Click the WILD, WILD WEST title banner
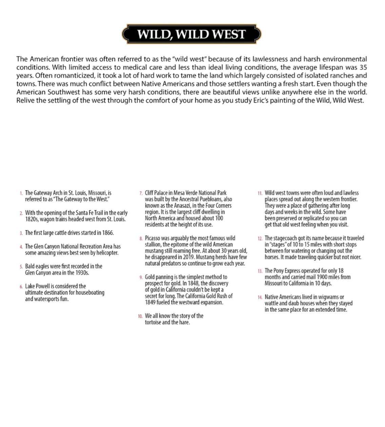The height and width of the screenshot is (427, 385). pos(192,34)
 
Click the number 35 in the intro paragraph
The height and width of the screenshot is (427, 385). pos(363,67)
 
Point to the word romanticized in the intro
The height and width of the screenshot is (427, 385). pos(73,75)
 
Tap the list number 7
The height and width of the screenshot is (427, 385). pos(141,193)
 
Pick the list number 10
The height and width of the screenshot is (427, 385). pos(140,316)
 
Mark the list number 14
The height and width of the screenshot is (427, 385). pos(260,297)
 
